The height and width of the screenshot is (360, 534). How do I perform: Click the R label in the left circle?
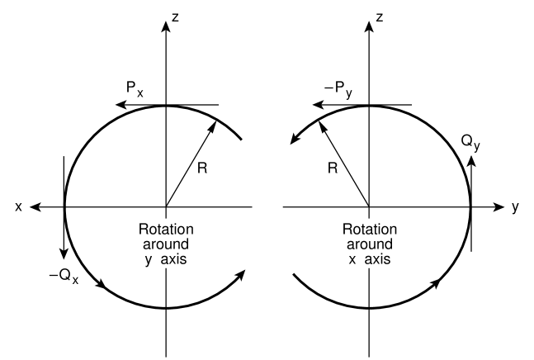click(x=204, y=169)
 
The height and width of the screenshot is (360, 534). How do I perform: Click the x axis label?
click(x=18, y=207)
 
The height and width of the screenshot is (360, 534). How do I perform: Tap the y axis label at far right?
click(x=515, y=208)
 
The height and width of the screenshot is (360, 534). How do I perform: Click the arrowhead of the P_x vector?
click(x=121, y=105)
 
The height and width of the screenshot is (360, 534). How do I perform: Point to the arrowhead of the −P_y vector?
click(x=323, y=105)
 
